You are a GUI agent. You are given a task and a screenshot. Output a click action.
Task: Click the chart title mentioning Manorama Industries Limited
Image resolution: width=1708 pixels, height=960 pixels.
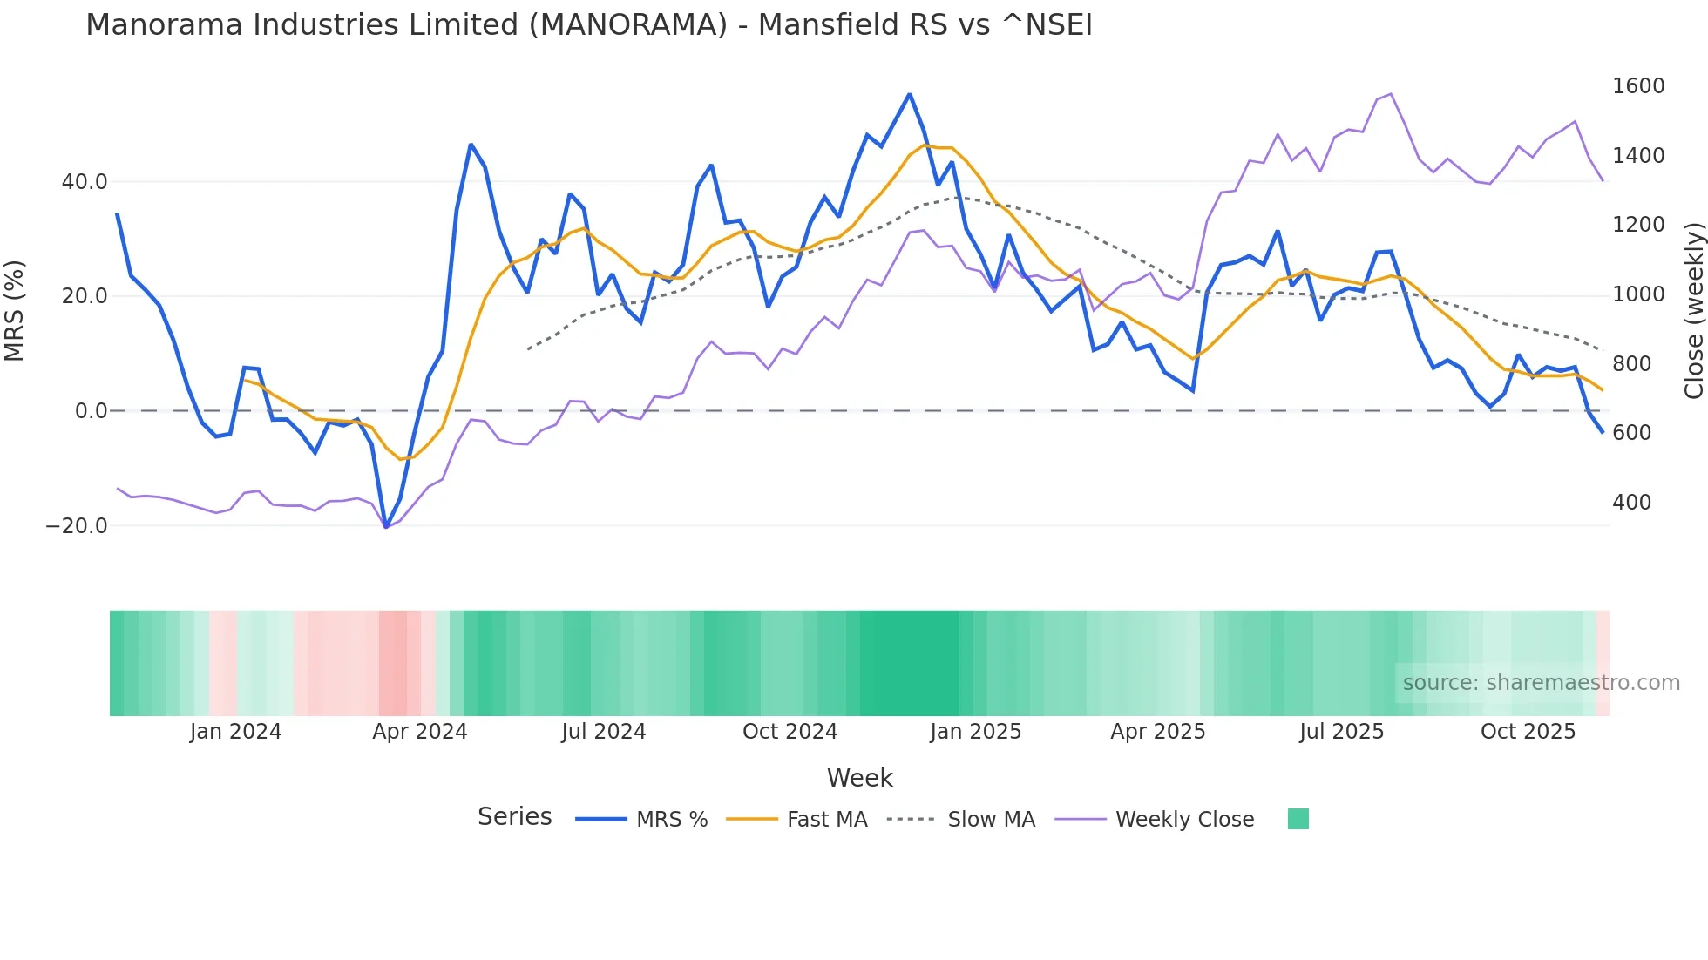coord(588,25)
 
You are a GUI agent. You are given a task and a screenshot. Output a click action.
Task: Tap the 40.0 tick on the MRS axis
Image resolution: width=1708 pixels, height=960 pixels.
coord(84,182)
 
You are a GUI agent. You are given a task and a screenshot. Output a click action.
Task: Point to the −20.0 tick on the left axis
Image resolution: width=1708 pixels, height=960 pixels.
coord(77,526)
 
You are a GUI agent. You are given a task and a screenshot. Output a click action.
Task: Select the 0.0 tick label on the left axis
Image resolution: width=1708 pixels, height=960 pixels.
coord(91,411)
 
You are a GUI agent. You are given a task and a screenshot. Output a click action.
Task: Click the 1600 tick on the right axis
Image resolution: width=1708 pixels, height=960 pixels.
coord(1638,86)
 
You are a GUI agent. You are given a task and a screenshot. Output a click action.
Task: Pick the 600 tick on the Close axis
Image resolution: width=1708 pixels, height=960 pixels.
coord(1631,433)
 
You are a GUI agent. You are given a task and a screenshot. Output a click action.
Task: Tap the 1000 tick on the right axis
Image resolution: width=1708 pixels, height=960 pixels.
coord(1638,294)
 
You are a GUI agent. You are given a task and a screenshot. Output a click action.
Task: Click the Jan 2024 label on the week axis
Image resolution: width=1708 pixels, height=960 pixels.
coord(235,732)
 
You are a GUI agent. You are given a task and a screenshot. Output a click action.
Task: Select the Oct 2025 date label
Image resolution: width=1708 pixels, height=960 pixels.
coord(1528,732)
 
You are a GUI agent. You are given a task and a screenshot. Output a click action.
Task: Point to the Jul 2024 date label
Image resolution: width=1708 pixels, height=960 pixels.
coord(603,732)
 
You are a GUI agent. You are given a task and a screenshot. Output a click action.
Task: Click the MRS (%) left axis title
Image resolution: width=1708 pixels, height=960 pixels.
coord(15,310)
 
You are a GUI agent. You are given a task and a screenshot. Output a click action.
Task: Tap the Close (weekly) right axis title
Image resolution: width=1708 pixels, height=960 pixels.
coord(1693,311)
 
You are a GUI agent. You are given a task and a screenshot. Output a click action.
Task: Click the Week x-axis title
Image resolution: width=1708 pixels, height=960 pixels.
coord(859,778)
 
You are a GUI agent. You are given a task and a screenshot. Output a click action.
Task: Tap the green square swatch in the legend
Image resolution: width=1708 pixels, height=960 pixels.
coord(1298,819)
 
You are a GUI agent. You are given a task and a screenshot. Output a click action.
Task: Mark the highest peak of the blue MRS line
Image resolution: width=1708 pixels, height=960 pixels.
coord(909,94)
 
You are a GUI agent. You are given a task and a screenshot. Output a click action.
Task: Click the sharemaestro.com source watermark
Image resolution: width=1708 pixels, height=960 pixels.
coord(1541,683)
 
